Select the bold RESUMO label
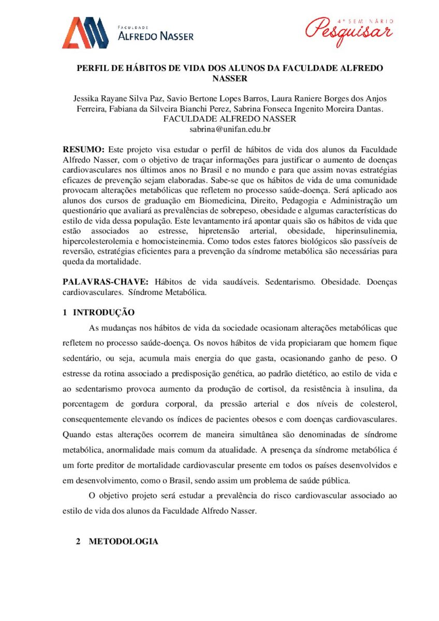coord(83,149)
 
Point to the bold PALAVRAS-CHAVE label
coord(106,282)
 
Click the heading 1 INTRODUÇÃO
coord(98,313)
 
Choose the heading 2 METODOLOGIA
coord(116,541)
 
